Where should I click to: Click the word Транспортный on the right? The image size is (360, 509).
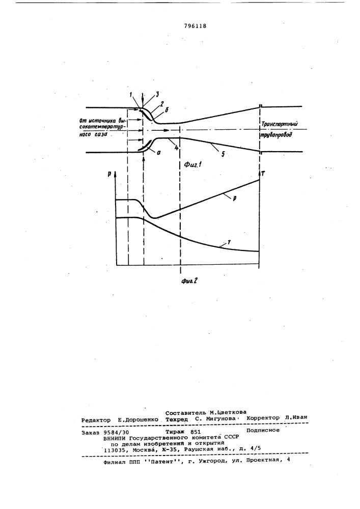coord(279,124)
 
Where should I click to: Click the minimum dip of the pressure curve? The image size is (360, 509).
coord(155,218)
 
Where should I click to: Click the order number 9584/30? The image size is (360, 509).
coord(118,431)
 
